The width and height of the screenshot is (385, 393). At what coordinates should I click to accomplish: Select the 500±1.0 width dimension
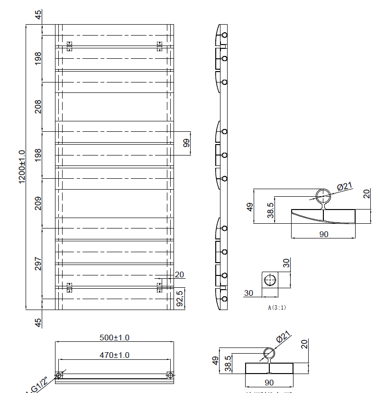114,338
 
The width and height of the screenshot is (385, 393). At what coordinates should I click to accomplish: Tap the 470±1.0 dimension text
114,355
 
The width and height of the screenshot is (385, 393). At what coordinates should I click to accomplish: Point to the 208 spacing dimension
38,106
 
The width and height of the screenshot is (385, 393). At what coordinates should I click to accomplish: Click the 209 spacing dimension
38,203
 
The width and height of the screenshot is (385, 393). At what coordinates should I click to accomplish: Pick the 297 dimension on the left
38,263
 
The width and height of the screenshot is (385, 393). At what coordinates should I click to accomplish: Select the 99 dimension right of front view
186,143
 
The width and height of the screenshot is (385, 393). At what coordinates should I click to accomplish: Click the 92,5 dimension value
180,299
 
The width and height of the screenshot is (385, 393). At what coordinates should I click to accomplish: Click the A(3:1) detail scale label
277,307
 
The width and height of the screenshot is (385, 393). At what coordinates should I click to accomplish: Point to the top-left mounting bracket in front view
70,46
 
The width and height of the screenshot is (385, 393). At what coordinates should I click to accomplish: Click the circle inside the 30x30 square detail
269,280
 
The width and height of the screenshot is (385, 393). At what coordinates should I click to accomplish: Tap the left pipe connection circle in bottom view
59,375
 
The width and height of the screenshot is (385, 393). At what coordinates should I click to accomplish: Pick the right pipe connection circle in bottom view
170,375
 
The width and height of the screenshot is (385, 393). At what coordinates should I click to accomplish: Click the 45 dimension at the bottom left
38,322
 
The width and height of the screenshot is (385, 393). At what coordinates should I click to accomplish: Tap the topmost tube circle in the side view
224,35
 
